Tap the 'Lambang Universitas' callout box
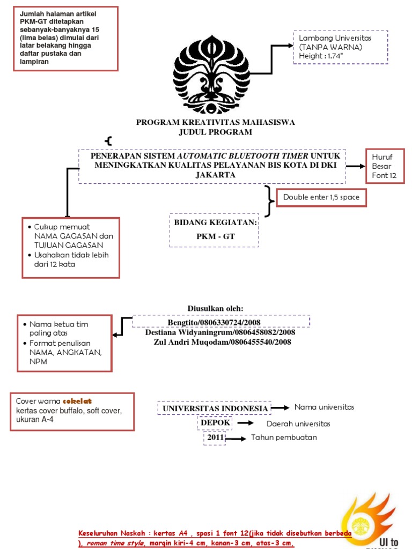(340, 47)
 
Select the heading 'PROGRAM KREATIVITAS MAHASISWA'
(215, 122)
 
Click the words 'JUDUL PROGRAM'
(215, 132)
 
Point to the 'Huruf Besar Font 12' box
(384, 166)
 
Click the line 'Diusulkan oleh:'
(215, 308)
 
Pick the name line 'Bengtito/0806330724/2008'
(214, 322)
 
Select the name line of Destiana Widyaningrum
(220, 332)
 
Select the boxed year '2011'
(215, 438)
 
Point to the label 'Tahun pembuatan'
(284, 437)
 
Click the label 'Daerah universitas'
(298, 424)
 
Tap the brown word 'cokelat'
(78, 401)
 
